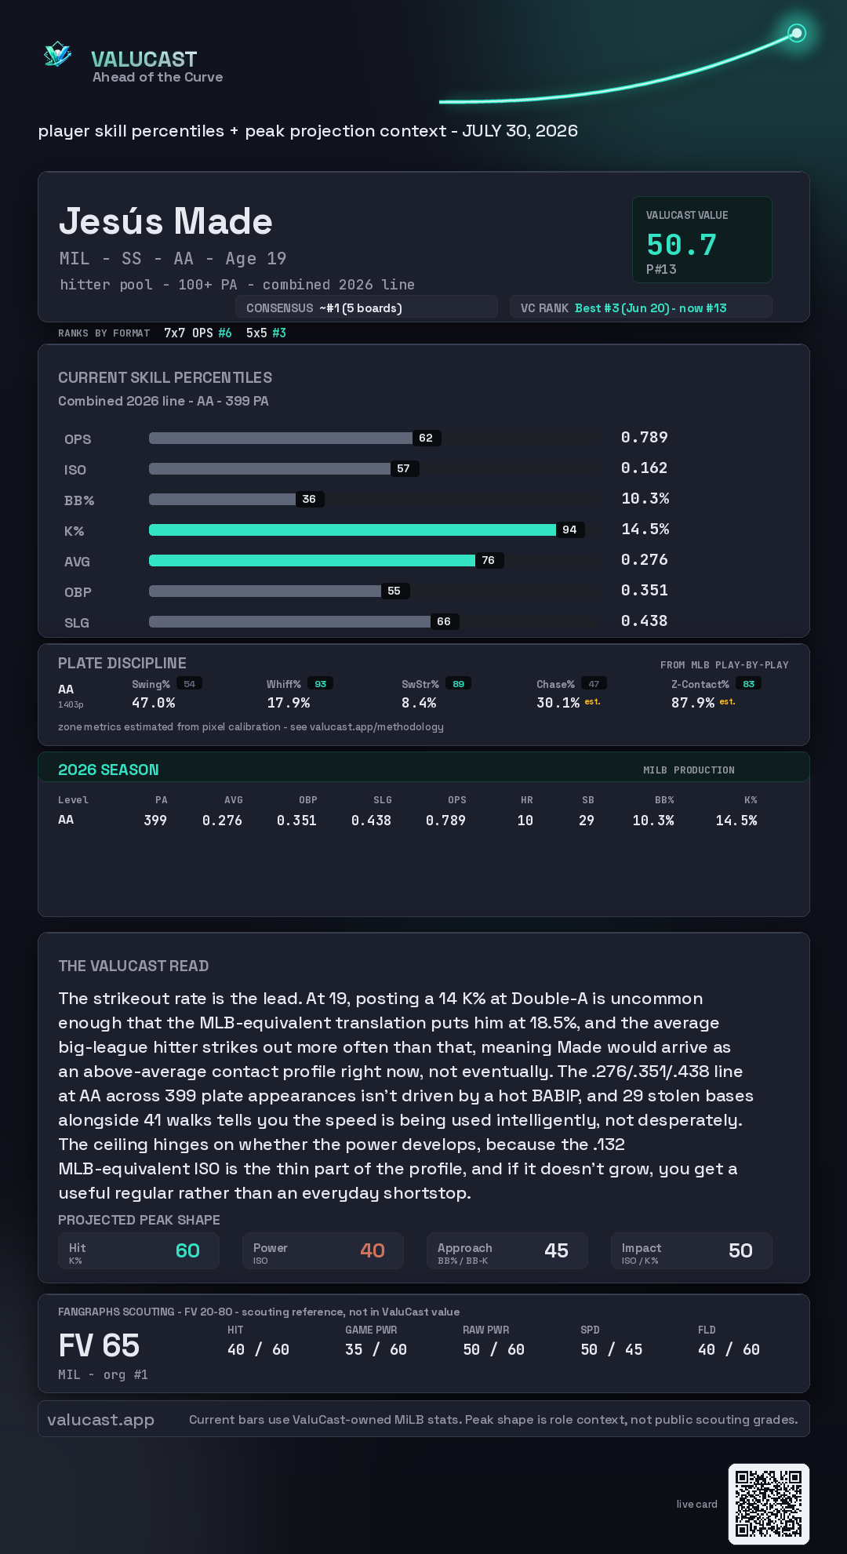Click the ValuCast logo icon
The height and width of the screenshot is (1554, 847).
(x=57, y=54)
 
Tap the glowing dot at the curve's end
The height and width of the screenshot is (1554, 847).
(x=797, y=33)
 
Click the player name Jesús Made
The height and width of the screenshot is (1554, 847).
(x=165, y=221)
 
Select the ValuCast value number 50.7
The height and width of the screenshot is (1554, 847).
(x=682, y=245)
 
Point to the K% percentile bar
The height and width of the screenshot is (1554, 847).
(x=352, y=530)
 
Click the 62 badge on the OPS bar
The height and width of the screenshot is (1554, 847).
(x=426, y=438)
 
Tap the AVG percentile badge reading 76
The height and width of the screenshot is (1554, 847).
(x=489, y=560)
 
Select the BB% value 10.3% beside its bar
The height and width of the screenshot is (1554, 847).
(x=645, y=498)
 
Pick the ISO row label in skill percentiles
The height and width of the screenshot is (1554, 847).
(x=75, y=470)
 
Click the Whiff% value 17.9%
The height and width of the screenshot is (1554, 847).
(x=289, y=703)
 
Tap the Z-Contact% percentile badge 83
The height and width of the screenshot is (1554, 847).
(x=749, y=684)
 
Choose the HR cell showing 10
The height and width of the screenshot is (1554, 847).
(x=525, y=821)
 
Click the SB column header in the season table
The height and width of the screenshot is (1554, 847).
(x=588, y=800)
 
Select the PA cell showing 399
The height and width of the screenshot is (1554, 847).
(x=155, y=821)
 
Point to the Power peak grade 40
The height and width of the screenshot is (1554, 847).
(x=373, y=1250)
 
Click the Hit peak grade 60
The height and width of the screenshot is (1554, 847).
(x=187, y=1250)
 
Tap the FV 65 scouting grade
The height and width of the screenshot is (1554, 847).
(x=99, y=1346)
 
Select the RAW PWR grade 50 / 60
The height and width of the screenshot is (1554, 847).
(x=493, y=1349)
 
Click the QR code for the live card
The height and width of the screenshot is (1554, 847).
(x=769, y=1504)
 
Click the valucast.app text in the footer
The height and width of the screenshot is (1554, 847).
(x=100, y=1419)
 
